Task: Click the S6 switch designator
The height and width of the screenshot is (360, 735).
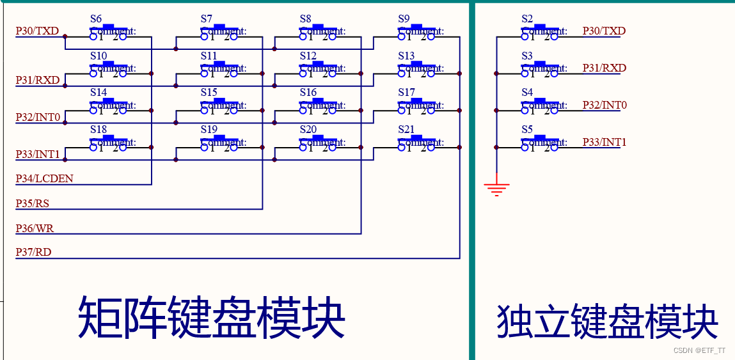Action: [x=96, y=19]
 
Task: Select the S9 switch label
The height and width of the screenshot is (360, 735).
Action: [x=404, y=19]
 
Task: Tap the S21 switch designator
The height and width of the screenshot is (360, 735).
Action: [x=406, y=130]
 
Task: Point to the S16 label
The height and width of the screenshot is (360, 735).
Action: [x=308, y=93]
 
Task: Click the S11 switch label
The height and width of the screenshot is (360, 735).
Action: [x=209, y=56]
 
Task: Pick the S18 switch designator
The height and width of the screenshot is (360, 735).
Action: [x=99, y=130]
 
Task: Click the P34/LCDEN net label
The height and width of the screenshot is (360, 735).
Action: [x=44, y=179]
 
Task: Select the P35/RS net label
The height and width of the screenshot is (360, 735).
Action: [x=32, y=204]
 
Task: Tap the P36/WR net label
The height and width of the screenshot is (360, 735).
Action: [x=34, y=228]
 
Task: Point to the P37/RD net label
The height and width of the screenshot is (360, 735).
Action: [x=33, y=253]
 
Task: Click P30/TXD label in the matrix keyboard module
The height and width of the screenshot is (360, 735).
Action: [x=38, y=31]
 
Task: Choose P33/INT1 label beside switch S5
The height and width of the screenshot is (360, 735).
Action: [x=604, y=142]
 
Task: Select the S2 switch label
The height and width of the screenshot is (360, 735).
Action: [x=527, y=19]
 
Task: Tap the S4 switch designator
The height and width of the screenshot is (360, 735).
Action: [x=527, y=93]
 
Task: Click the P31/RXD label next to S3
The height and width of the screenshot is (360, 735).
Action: [x=604, y=68]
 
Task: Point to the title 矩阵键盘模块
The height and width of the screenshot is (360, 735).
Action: [x=212, y=317]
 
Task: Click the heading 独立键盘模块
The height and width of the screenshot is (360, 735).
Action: [x=607, y=321]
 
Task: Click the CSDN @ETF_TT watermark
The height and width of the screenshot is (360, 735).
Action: [x=700, y=350]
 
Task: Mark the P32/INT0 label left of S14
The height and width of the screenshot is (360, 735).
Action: [x=38, y=118]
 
